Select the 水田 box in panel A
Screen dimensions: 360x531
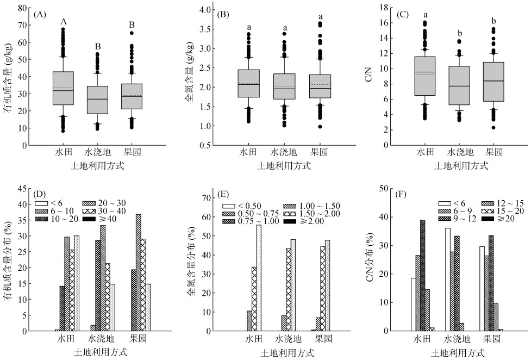(x=63, y=88)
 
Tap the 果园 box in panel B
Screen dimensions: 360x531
(x=320, y=86)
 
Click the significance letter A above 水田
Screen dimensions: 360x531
(x=64, y=22)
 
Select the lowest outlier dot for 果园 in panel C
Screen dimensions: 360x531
(x=493, y=128)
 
